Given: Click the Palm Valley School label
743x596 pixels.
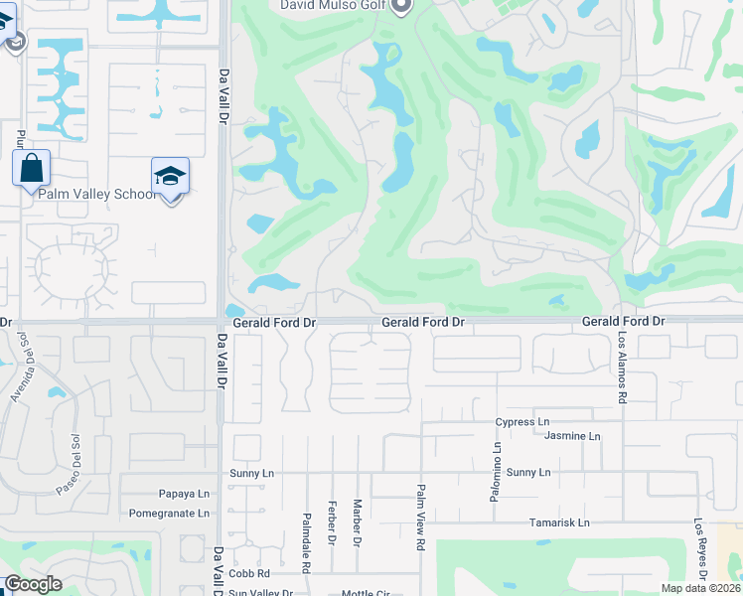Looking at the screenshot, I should [x=97, y=194].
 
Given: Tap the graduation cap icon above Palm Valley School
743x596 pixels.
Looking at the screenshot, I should [x=170, y=177].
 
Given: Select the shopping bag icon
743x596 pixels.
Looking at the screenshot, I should [x=31, y=167].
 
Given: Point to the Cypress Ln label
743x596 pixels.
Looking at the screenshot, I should [x=522, y=422].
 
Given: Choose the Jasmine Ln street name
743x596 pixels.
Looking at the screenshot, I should [x=573, y=436].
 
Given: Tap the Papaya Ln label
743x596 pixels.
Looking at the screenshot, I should [x=184, y=494].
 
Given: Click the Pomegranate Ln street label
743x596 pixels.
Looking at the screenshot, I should [x=169, y=514].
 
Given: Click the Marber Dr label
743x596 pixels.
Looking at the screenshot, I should [x=357, y=522].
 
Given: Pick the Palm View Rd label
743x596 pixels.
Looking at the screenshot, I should [x=421, y=518].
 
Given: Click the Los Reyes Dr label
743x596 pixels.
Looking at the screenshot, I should [x=700, y=550].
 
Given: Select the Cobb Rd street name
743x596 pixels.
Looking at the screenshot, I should [x=248, y=574].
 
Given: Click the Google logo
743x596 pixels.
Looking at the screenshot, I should [x=33, y=584].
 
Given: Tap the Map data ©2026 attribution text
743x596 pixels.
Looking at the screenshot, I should [x=700, y=588].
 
